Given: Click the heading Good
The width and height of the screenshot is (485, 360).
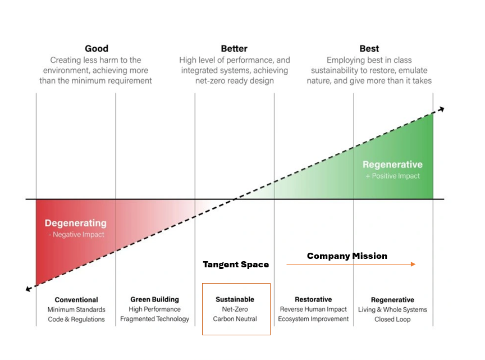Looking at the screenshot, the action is (97, 49).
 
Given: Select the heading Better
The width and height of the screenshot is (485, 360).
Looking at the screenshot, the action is (234, 49).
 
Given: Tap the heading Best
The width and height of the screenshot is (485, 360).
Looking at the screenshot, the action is (369, 49).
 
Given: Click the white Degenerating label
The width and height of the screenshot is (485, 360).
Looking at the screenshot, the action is (76, 223).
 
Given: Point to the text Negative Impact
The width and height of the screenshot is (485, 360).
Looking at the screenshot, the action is (79, 235).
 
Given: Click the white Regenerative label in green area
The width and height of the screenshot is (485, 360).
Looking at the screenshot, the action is (392, 165).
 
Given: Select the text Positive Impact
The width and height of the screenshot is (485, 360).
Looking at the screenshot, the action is (396, 176).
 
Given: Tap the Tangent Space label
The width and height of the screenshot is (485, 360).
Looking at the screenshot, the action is (236, 265).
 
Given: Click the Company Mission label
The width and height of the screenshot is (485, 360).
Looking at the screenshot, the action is (347, 256).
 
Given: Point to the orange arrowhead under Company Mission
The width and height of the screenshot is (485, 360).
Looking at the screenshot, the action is (413, 264).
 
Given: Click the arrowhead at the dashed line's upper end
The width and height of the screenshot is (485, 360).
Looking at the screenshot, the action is (442, 109).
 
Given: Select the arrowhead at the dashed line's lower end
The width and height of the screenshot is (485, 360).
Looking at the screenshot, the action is (28, 289).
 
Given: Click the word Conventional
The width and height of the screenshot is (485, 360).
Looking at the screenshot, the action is (76, 300).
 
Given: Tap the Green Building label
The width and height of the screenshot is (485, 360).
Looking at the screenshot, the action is (155, 299).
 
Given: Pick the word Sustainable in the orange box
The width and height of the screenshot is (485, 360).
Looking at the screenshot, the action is (235, 299).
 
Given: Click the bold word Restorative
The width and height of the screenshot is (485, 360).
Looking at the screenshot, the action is (313, 299).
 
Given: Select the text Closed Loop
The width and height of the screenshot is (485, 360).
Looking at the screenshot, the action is (392, 319).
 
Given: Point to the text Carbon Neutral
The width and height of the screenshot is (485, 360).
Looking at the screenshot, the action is (235, 319).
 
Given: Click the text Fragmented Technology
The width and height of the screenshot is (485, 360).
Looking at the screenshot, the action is (155, 319).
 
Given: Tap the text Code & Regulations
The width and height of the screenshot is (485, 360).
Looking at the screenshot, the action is (76, 319).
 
